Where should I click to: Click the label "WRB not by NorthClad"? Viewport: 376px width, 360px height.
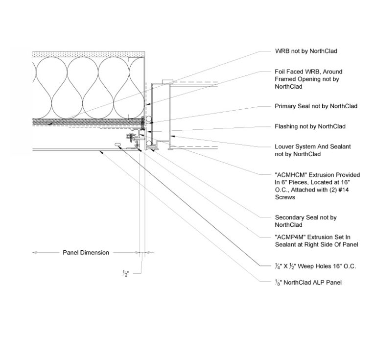306,51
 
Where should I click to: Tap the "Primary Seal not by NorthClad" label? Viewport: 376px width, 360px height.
316,106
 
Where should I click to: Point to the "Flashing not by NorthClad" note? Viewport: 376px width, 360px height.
310,126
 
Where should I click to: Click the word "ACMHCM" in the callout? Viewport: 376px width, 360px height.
289,175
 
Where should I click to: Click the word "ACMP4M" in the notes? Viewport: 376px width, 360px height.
288,237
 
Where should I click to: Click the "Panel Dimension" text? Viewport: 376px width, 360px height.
86,253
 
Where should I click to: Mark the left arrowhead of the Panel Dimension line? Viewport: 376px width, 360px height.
34,253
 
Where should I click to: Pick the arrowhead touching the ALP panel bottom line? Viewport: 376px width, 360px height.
100,151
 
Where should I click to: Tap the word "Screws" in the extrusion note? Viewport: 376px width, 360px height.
285,198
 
